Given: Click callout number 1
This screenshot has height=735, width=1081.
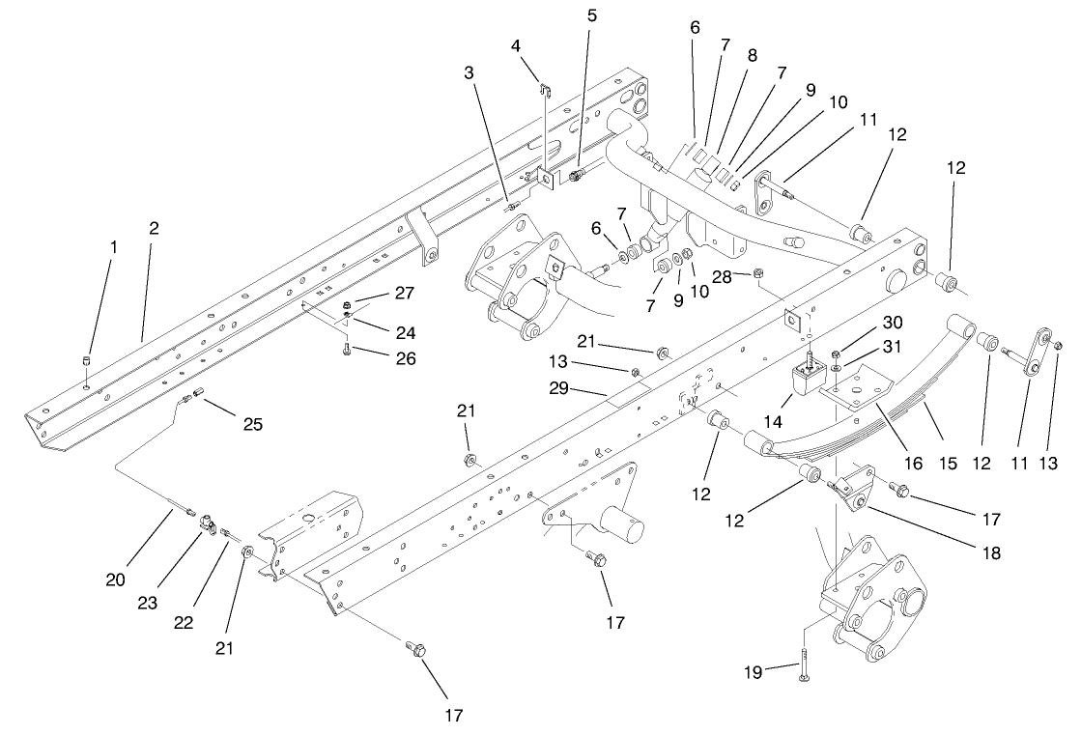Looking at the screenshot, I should tap(113, 247).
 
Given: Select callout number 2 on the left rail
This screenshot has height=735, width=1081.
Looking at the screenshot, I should tap(154, 229).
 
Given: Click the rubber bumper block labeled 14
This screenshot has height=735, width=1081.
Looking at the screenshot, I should tap(806, 382).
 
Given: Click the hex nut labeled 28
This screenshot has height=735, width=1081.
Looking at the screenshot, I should tap(758, 275).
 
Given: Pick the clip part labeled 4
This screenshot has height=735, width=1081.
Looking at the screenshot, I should tap(545, 90).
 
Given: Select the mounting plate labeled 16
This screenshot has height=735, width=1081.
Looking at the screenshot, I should tap(857, 386).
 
